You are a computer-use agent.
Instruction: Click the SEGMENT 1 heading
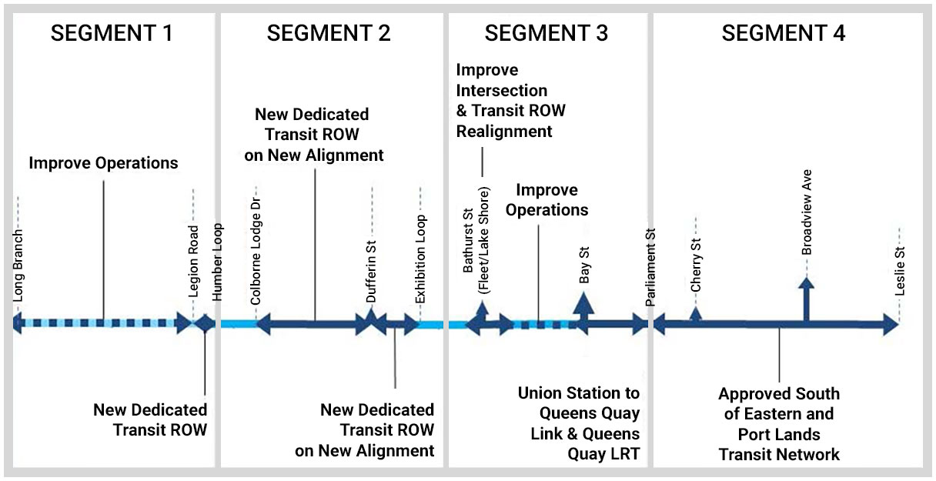(112, 34)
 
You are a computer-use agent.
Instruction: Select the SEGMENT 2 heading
(329, 34)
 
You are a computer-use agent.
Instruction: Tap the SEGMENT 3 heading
(547, 34)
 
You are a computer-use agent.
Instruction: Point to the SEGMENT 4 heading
(784, 34)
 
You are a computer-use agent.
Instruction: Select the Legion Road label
(194, 260)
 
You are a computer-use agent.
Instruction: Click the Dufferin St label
(371, 269)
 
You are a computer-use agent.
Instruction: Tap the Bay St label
(584, 266)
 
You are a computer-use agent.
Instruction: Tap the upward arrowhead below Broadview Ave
(806, 285)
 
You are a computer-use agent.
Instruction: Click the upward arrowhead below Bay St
(583, 303)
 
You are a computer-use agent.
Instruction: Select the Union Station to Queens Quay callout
(579, 423)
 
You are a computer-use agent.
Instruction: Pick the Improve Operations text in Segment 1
(103, 163)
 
